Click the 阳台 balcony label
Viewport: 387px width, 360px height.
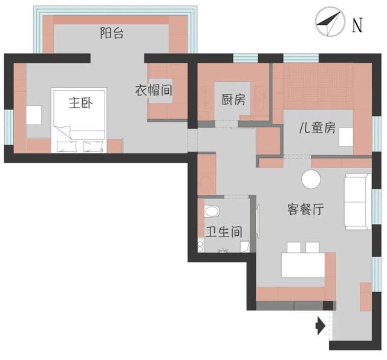pos(112,34)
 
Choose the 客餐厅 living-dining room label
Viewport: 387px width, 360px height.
pos(305,210)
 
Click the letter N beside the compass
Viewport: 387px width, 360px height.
pos(358,25)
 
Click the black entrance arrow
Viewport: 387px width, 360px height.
pos(320,327)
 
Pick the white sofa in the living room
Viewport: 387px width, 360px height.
pos(357,201)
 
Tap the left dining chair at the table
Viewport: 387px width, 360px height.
pos(294,247)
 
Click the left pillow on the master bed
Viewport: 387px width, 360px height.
pos(66,145)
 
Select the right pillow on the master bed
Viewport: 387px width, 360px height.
pos(93,145)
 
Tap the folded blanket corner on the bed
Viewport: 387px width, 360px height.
pos(63,133)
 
